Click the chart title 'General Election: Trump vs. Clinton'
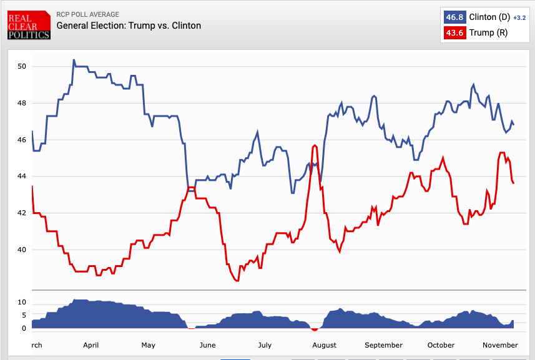[x=129, y=26]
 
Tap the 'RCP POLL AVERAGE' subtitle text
[x=87, y=14]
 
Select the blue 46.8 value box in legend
[x=454, y=17]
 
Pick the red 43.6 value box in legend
[x=454, y=32]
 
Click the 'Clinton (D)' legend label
[x=489, y=17]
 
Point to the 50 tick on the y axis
[x=22, y=67]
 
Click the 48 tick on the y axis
[x=22, y=103]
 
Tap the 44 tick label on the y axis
[x=22, y=177]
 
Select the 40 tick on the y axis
[x=22, y=250]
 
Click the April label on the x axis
[x=91, y=345]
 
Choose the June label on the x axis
[x=207, y=345]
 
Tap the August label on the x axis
[x=324, y=345]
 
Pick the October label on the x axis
[x=441, y=345]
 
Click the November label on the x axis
[x=500, y=345]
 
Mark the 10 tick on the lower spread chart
[x=22, y=303]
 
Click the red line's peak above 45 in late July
[x=315, y=145]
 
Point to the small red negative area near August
[x=315, y=329]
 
